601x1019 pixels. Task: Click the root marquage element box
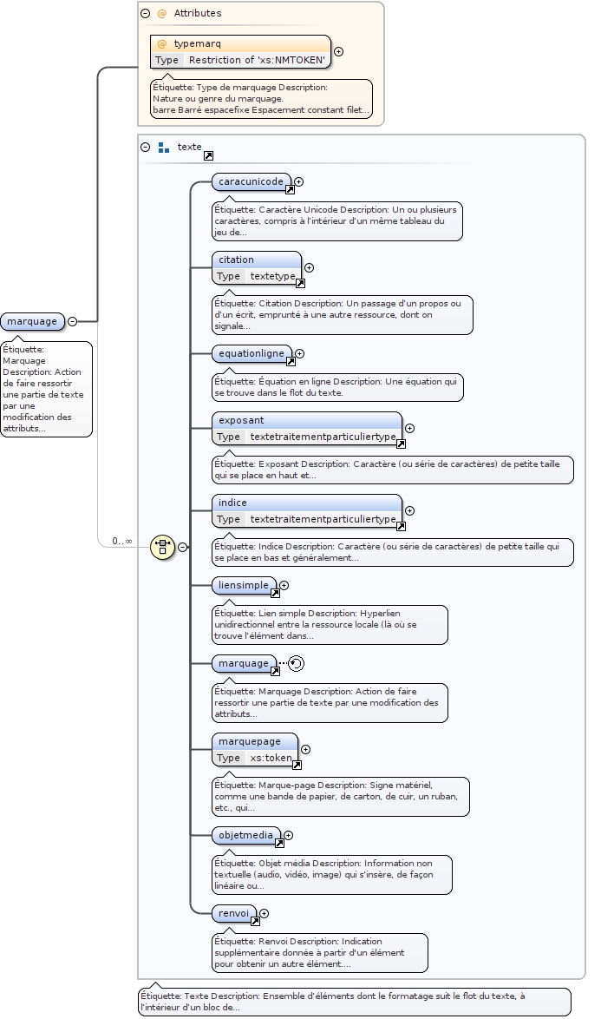(x=32, y=322)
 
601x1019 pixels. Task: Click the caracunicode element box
(x=251, y=181)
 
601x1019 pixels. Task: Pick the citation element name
(x=237, y=260)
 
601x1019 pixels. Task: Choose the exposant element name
(x=242, y=420)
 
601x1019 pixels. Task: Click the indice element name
(x=233, y=503)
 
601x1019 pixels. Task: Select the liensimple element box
(x=244, y=585)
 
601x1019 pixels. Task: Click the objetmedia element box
(x=245, y=835)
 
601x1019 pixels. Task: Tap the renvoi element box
(x=234, y=913)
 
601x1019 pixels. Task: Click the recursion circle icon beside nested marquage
(x=297, y=663)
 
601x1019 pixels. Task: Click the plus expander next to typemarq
(x=338, y=51)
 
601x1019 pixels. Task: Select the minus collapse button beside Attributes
(x=146, y=13)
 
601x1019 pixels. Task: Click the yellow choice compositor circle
(x=162, y=547)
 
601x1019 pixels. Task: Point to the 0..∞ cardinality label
(x=121, y=541)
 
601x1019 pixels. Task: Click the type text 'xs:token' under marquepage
(x=271, y=758)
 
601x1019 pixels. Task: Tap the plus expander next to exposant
(x=409, y=428)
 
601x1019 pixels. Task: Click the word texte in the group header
(x=189, y=147)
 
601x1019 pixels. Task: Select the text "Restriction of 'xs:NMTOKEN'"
(x=257, y=60)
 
